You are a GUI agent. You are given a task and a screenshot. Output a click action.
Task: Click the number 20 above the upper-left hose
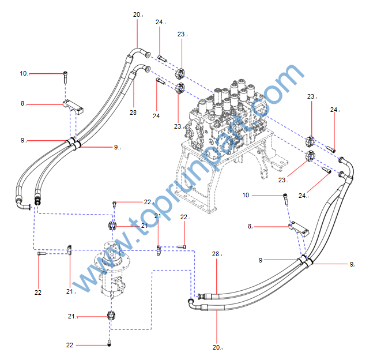tap(137, 14)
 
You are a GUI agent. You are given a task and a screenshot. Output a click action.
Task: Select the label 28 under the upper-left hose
tap(133, 112)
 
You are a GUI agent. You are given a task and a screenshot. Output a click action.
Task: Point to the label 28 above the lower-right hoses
tap(216, 254)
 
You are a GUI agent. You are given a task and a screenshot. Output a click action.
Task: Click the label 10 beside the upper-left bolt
tap(24, 73)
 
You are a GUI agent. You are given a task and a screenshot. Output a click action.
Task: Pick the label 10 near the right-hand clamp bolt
tap(246, 196)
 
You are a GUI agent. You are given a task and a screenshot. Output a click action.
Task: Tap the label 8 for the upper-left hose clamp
tap(23, 104)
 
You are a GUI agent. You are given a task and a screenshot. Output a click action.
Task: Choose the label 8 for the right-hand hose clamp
tap(250, 227)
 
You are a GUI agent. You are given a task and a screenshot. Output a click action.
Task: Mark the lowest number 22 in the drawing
tap(70, 345)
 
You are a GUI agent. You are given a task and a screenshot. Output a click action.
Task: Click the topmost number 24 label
tap(160, 22)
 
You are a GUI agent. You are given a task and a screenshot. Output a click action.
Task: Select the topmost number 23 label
tap(181, 35)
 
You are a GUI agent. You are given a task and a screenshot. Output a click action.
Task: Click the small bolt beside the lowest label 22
tap(109, 344)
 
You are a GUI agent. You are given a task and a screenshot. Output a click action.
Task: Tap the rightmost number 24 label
tap(334, 110)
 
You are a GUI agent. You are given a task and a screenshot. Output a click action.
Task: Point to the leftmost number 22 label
tap(38, 292)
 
